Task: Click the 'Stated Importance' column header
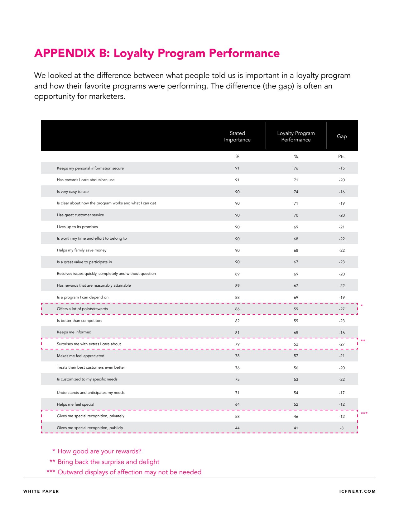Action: [x=237, y=136]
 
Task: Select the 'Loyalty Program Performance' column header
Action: [x=296, y=136]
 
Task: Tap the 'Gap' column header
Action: [x=342, y=136]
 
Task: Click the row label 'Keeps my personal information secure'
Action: [x=90, y=168]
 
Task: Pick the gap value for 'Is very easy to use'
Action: [x=342, y=192]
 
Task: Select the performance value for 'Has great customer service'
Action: [x=296, y=215]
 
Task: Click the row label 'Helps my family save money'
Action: [x=82, y=250]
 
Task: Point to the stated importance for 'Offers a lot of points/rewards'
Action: [x=237, y=309]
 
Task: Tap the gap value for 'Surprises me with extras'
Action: [x=342, y=344]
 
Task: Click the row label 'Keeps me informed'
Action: [x=74, y=332]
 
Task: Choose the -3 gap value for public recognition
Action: [x=342, y=428]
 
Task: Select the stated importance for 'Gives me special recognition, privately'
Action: [x=237, y=417]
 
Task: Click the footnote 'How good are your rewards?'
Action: [x=99, y=451]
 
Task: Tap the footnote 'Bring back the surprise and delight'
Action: [x=108, y=462]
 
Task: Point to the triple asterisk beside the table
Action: [x=364, y=414]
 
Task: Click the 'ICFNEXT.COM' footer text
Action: [x=357, y=491]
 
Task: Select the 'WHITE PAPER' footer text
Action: [x=41, y=491]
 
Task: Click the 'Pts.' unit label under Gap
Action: [x=342, y=156]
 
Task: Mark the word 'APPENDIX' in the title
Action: [x=65, y=53]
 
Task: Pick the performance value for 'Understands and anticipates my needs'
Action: [x=296, y=393]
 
